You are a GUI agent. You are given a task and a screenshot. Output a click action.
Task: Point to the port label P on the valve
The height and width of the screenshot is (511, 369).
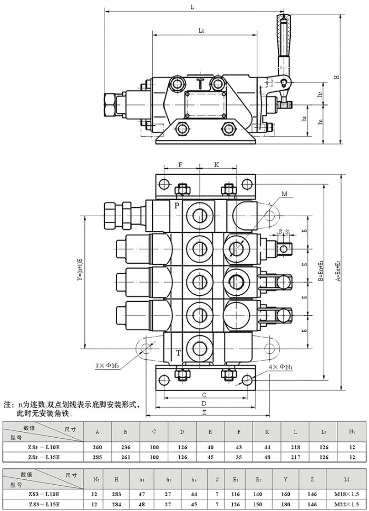(x=177, y=205)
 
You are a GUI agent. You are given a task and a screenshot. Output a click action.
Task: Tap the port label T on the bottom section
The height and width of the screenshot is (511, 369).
(x=178, y=353)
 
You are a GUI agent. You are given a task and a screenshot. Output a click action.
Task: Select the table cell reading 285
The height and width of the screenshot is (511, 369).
(x=98, y=457)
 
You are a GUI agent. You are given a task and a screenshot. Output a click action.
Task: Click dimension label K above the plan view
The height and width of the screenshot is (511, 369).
(x=216, y=165)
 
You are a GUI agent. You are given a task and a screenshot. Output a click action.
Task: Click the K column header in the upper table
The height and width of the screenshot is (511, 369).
(x=267, y=432)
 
